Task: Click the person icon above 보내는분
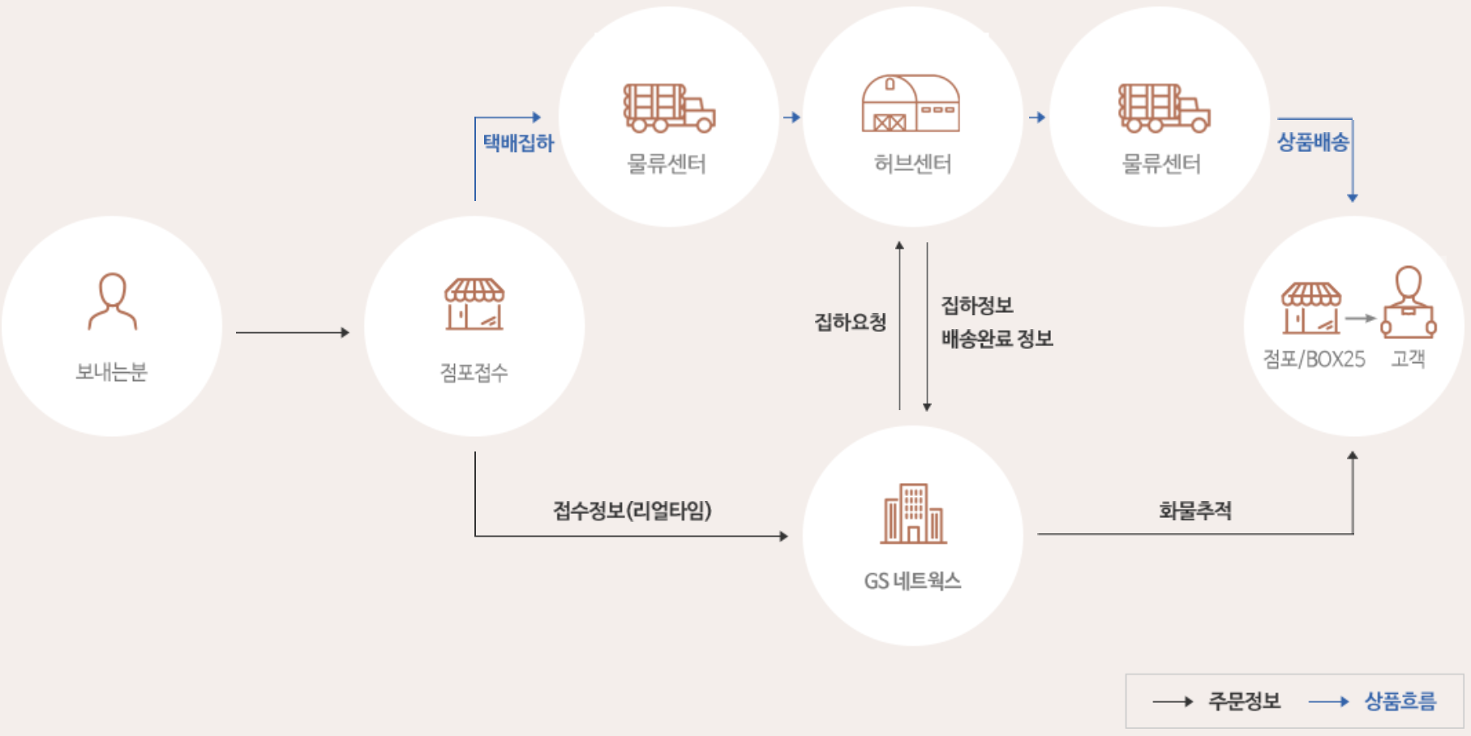point(112,302)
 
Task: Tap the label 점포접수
point(474,373)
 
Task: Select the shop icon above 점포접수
point(474,305)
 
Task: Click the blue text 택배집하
point(518,143)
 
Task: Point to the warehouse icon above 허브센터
point(911,104)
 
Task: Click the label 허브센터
point(912,165)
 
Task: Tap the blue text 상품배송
point(1313,143)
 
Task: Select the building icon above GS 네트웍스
point(913,514)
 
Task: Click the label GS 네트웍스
point(912,581)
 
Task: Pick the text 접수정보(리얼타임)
point(632,511)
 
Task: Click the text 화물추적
point(1194,511)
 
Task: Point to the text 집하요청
point(850,323)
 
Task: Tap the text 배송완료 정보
point(997,339)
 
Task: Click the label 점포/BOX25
point(1314,359)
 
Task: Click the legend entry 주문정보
point(1244,701)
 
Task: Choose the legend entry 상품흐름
point(1400,701)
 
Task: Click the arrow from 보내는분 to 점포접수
point(292,332)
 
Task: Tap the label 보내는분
point(112,372)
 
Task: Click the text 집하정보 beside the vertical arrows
point(976,306)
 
